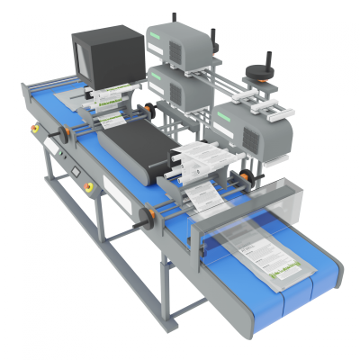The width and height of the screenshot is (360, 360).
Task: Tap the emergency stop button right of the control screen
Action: pos(89,188)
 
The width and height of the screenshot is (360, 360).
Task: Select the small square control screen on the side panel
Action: pos(69,166)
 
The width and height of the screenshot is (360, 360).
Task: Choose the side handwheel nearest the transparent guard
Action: pos(145,216)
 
